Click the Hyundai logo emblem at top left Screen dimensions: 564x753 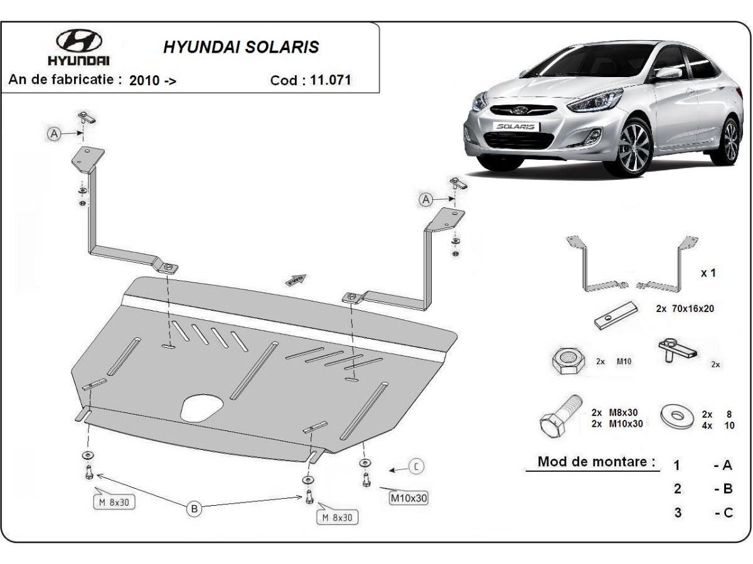pyautogui.click(x=79, y=41)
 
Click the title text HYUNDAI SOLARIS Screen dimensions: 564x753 pyautogui.click(x=241, y=48)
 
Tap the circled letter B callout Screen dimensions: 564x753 pyautogui.click(x=195, y=509)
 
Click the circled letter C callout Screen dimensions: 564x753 pyautogui.click(x=417, y=466)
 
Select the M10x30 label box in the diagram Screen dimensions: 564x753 pyautogui.click(x=409, y=499)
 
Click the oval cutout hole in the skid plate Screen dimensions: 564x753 pyautogui.click(x=200, y=408)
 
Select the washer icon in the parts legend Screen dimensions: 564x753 pyautogui.click(x=676, y=416)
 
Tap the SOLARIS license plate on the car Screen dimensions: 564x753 pyautogui.click(x=516, y=126)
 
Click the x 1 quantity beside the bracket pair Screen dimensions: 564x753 pyautogui.click(x=708, y=273)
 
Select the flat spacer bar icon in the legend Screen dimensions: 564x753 pyautogui.click(x=616, y=316)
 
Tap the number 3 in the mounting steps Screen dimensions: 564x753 pyautogui.click(x=678, y=513)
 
